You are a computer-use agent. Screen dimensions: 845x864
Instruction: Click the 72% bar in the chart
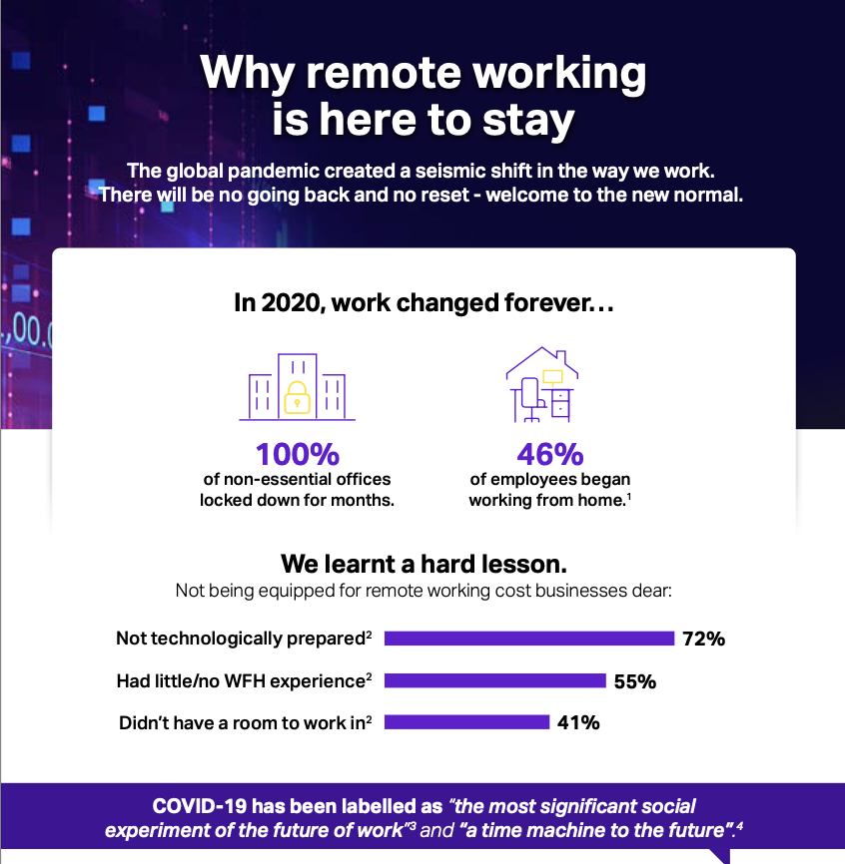[529, 639]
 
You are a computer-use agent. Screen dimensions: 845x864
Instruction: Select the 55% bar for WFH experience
[495, 680]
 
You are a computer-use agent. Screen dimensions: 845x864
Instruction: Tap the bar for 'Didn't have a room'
[467, 722]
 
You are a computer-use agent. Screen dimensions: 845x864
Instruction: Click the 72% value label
[704, 639]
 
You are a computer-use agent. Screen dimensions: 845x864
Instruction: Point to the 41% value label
[578, 722]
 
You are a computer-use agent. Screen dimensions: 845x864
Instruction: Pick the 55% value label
[635, 681]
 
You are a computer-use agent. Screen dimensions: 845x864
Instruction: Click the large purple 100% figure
[298, 455]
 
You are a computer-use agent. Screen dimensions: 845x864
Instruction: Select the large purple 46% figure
[550, 455]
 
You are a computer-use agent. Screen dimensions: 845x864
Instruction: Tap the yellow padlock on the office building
[297, 397]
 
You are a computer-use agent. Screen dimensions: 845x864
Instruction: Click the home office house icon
[541, 385]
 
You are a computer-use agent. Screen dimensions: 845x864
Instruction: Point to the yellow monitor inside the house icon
[552, 377]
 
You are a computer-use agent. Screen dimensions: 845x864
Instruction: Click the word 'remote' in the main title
[384, 73]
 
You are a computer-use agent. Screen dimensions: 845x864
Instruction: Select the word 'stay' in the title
[528, 121]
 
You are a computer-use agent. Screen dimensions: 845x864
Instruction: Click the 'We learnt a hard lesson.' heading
[423, 564]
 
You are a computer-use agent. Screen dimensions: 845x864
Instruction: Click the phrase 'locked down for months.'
[297, 500]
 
